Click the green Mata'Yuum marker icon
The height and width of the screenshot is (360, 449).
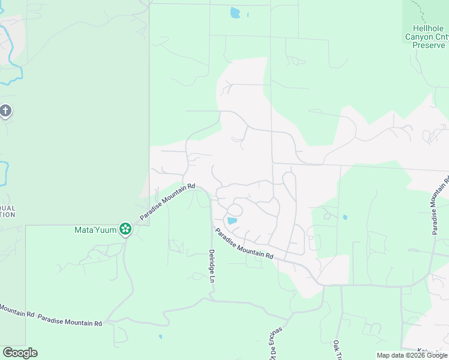pos(125,229)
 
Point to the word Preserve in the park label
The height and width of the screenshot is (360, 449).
pos(428,45)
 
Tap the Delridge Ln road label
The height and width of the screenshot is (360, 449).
pos(212,267)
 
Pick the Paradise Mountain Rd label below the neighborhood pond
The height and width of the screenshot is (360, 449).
pos(244,244)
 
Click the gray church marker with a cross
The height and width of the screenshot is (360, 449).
pos(5,111)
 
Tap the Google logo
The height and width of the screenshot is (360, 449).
pos(20,353)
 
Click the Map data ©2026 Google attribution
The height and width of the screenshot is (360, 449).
pos(412,355)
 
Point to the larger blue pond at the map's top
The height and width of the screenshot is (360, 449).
pos(235,13)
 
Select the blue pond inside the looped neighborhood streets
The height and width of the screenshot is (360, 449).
pos(232,221)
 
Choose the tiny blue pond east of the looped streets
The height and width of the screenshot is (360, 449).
pos(345,217)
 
